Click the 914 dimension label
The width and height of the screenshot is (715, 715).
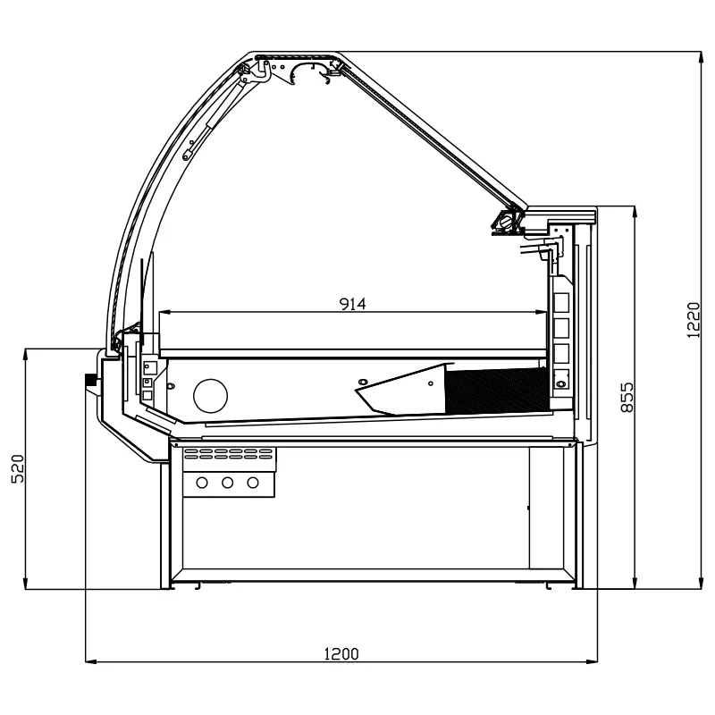[353, 304]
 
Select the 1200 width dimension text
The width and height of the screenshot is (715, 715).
[341, 654]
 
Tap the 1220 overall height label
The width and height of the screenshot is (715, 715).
[693, 320]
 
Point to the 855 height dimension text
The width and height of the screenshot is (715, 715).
[627, 398]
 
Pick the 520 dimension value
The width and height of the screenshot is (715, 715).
[18, 468]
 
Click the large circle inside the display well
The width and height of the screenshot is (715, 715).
[210, 396]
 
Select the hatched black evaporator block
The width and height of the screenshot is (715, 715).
[496, 391]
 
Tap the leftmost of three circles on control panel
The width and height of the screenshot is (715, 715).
[202, 483]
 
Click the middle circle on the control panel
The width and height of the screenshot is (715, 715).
[228, 483]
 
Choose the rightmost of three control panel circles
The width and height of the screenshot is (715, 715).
[253, 483]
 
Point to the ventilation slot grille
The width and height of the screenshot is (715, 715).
[229, 454]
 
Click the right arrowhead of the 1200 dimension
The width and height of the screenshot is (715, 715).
[592, 660]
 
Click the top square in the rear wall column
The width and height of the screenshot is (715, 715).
[561, 302]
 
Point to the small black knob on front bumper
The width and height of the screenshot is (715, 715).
[90, 379]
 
